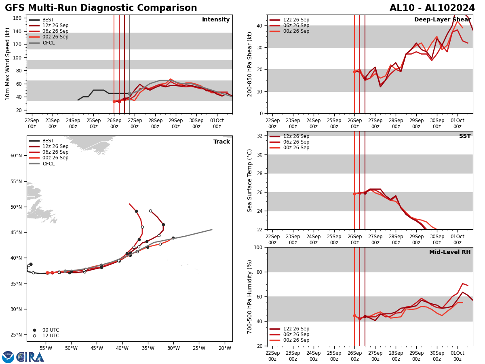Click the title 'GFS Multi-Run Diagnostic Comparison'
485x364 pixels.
point(101,8)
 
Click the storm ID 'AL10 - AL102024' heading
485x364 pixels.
point(432,8)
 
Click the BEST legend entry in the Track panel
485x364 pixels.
point(48,141)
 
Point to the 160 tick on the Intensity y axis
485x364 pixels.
point(19,18)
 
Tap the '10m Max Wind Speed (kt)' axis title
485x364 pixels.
point(8,64)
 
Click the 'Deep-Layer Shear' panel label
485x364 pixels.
point(442,20)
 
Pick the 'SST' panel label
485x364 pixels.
point(464,136)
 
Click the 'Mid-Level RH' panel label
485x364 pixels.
point(449,252)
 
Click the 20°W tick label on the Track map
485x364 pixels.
point(224,348)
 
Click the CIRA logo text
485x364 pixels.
point(30,357)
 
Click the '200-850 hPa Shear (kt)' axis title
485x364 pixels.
point(250,64)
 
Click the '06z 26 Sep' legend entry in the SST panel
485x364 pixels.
point(296,142)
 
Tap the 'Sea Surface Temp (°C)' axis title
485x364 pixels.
point(250,180)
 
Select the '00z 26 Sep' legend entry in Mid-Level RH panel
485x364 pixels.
point(296,340)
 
